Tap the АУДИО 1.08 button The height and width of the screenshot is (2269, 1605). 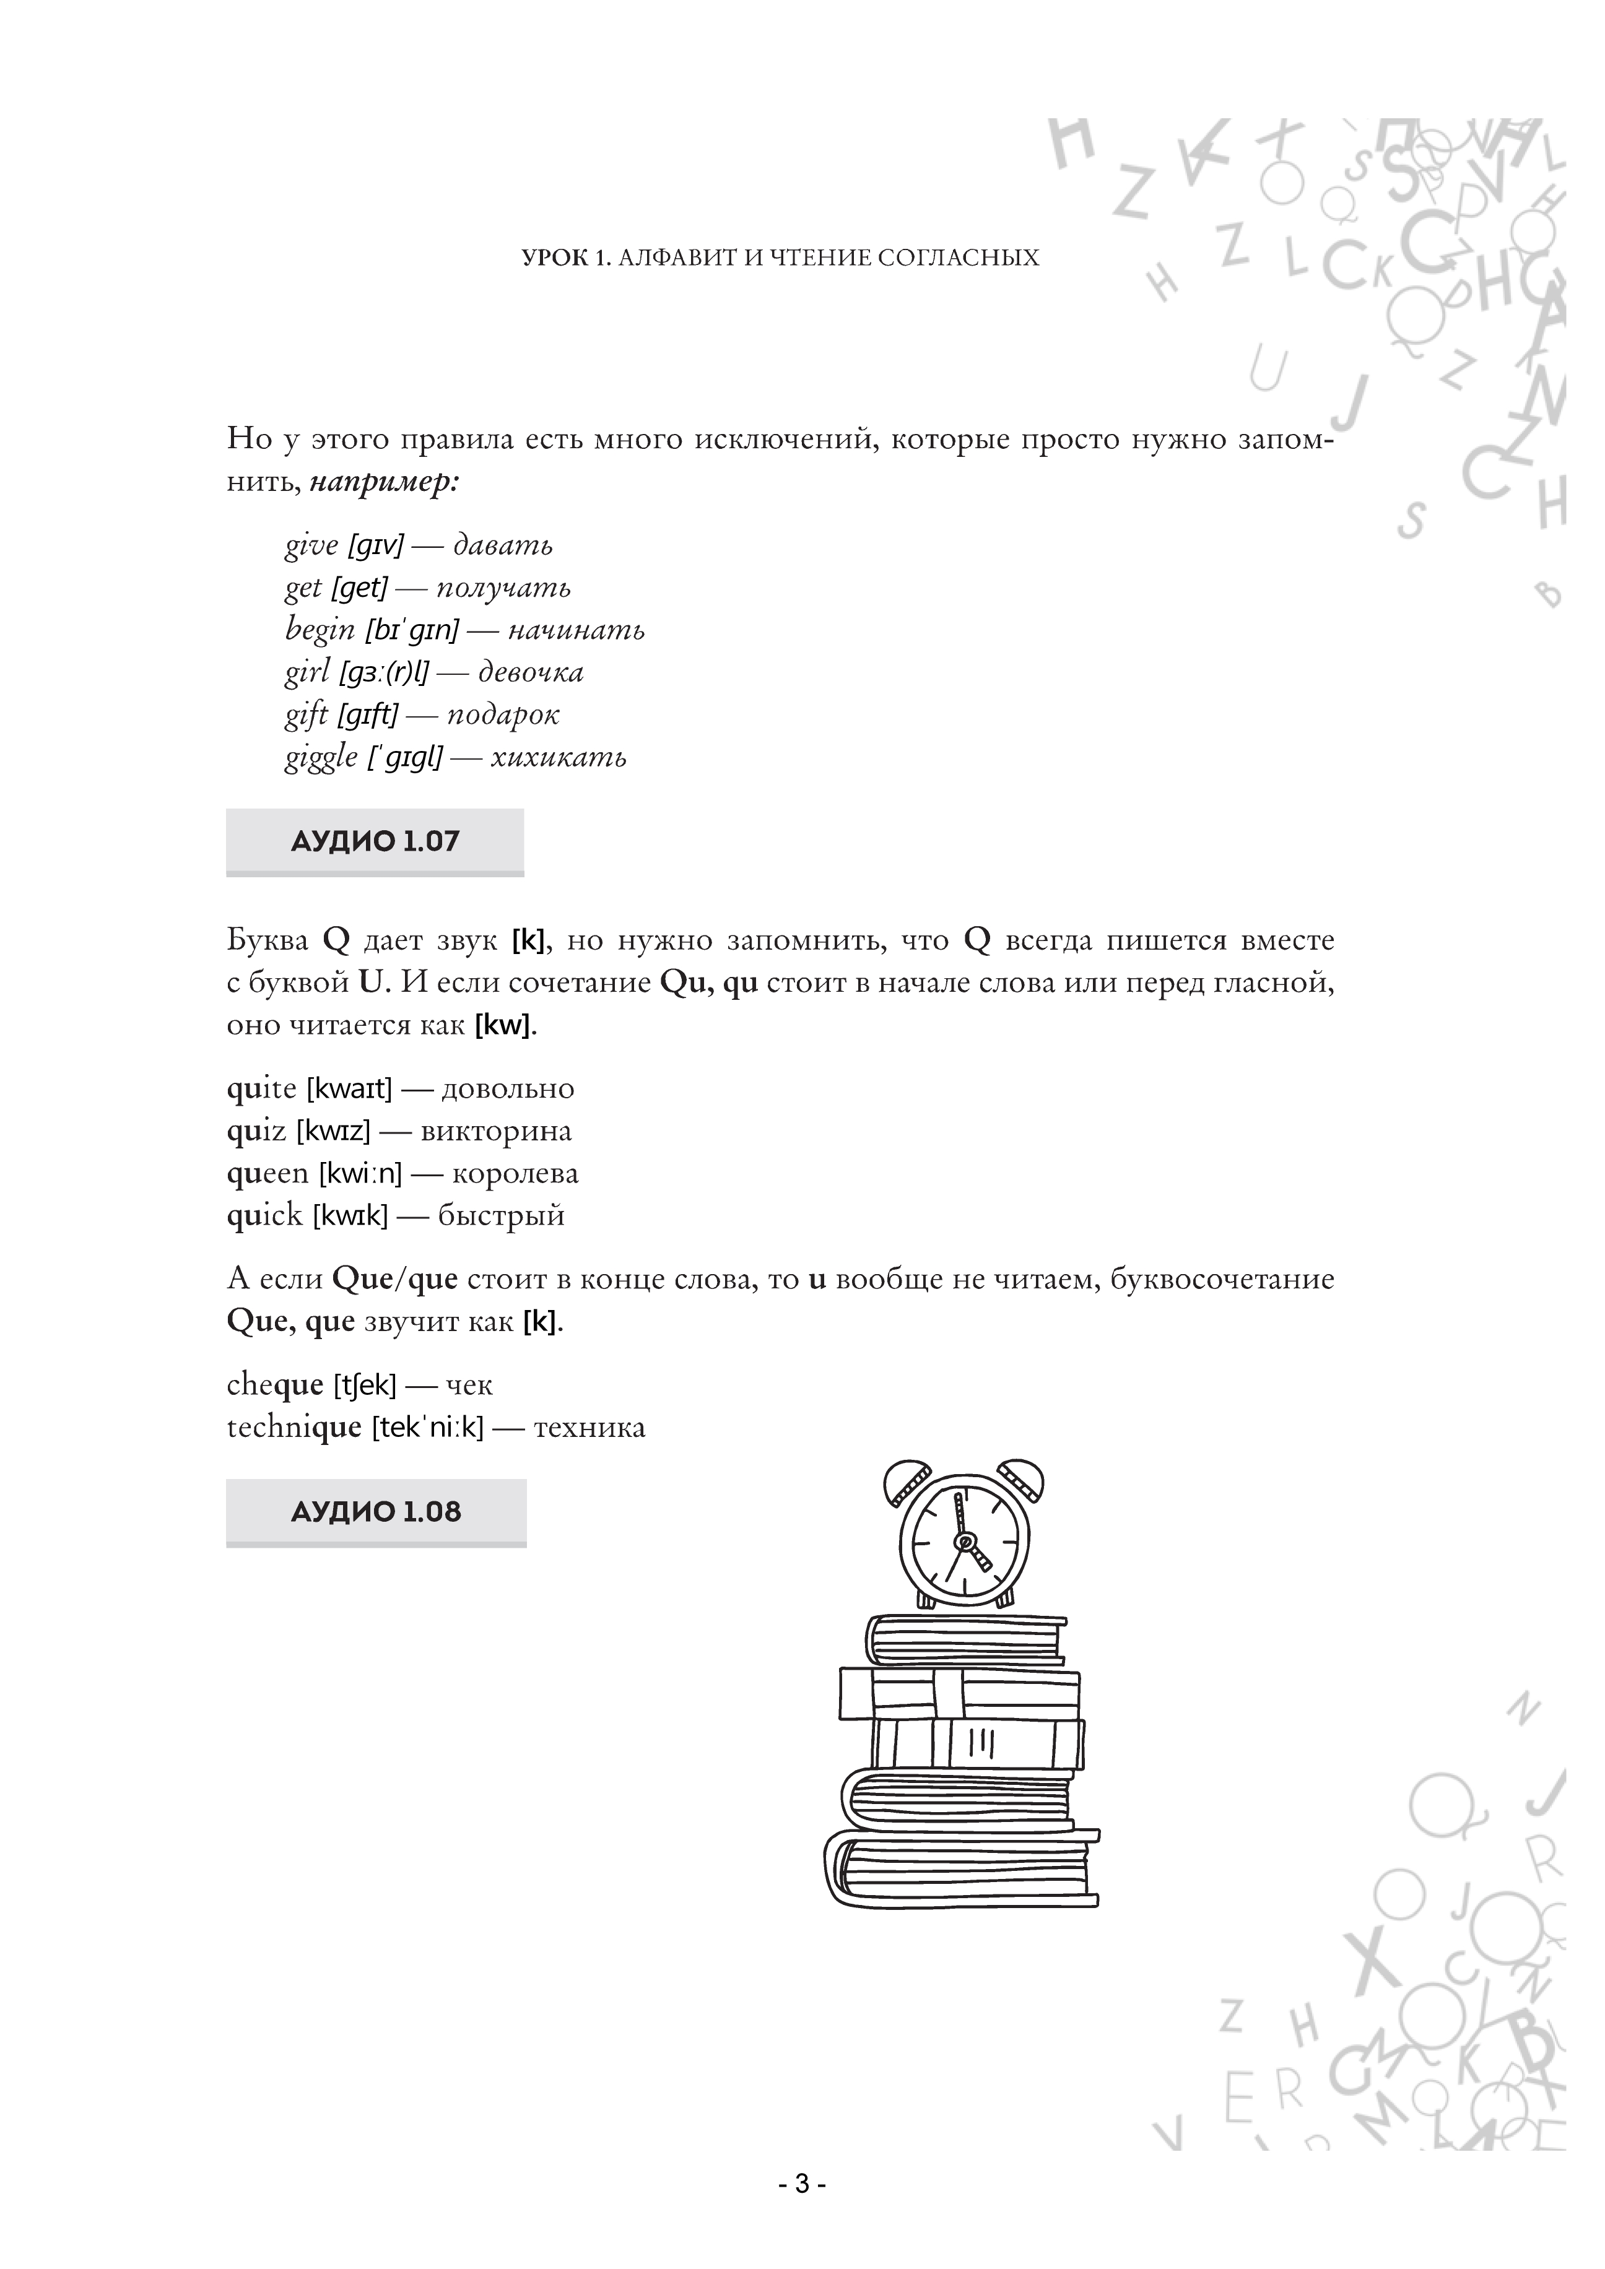tap(376, 1511)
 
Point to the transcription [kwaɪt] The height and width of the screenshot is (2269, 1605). tap(349, 1089)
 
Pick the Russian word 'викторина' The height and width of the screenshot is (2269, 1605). tap(496, 1132)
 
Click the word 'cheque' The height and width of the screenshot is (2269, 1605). tap(274, 1386)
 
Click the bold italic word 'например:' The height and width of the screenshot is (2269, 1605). tap(385, 484)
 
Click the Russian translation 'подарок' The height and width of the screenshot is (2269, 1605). tap(502, 716)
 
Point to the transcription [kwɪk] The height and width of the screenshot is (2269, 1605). tap(350, 1217)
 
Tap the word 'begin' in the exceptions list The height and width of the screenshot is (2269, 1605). tap(320, 630)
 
